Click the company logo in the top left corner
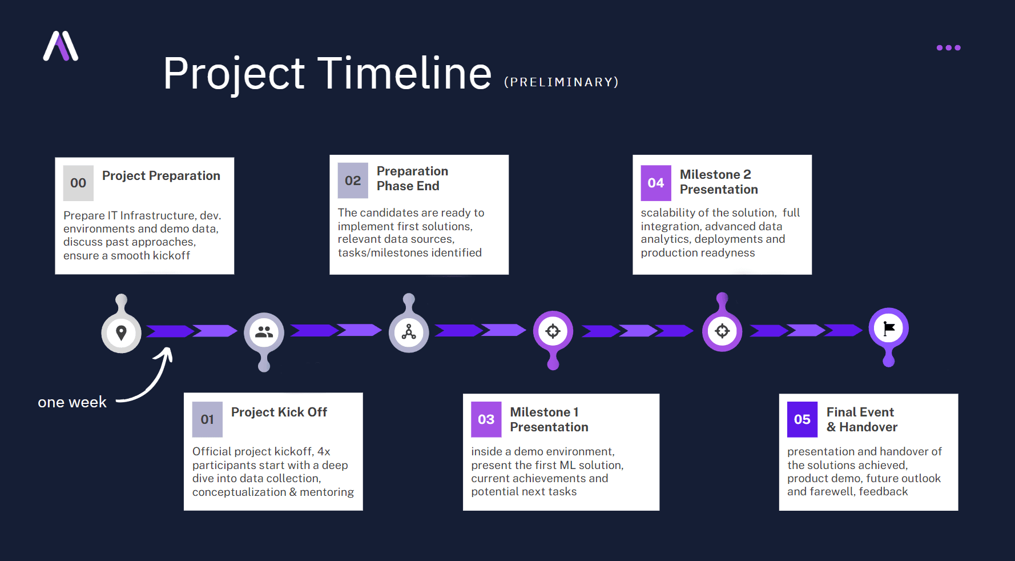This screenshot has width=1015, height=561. pos(61,46)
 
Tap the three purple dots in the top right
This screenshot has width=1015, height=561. pos(948,48)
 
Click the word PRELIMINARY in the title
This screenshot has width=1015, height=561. pos(561,82)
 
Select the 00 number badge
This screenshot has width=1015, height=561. pos(78,183)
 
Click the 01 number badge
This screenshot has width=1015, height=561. pos(207,419)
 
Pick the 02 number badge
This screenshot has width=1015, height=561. pos(353,181)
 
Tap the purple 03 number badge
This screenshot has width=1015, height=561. pos(486,419)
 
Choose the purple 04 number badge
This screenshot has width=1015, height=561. pos(655,183)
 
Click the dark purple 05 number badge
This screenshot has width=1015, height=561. pos(802,419)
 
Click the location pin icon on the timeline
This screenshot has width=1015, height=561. pos(121,332)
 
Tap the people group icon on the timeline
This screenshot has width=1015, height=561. pos(264,332)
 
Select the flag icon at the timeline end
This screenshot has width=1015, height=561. pos(889,328)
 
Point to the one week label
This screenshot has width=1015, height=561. pos(72,402)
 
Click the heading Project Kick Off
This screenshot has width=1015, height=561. pos(279,412)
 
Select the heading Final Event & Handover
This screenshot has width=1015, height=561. pos(861,419)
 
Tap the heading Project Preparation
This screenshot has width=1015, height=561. pos(161,176)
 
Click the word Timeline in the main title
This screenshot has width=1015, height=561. pos(404,74)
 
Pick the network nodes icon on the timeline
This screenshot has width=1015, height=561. pos(409,332)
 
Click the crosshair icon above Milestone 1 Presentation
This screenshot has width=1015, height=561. pos(553,331)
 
